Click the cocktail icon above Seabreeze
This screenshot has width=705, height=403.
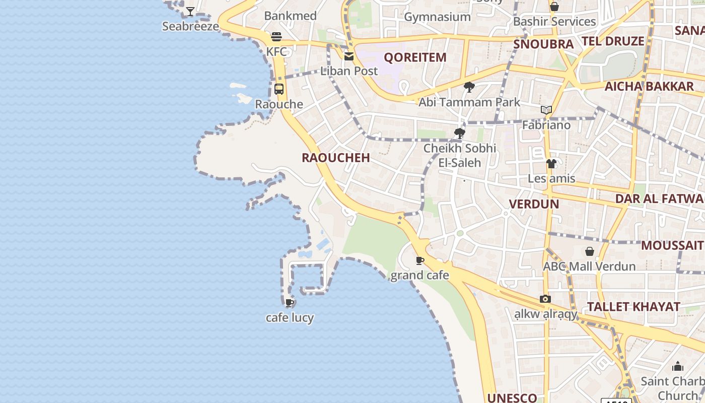[x=190, y=11]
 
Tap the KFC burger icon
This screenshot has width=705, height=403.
[x=276, y=37]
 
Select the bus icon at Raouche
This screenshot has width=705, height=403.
[x=279, y=89]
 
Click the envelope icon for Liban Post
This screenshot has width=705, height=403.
[x=349, y=56]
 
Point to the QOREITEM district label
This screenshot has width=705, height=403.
[x=415, y=57]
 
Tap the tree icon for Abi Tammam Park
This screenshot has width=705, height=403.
[x=469, y=87]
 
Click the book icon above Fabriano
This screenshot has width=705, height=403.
[x=546, y=110]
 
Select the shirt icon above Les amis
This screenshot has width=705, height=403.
[x=551, y=164]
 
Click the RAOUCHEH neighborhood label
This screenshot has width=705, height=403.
[x=336, y=158]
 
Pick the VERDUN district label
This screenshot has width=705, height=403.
[x=534, y=204]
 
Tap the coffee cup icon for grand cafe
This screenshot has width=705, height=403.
[x=420, y=260]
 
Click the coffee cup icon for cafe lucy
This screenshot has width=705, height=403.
[x=290, y=303]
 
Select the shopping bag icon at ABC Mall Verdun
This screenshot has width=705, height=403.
[x=589, y=251]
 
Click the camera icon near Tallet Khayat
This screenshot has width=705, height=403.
[x=545, y=299]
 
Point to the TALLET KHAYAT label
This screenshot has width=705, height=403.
[x=633, y=307]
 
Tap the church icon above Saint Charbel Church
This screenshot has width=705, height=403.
[x=678, y=366]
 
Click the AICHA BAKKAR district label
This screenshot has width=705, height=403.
[x=649, y=87]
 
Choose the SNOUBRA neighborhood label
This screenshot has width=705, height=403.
[x=543, y=44]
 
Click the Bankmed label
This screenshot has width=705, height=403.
[x=290, y=16]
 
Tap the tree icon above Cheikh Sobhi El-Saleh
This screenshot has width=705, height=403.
[x=459, y=133]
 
